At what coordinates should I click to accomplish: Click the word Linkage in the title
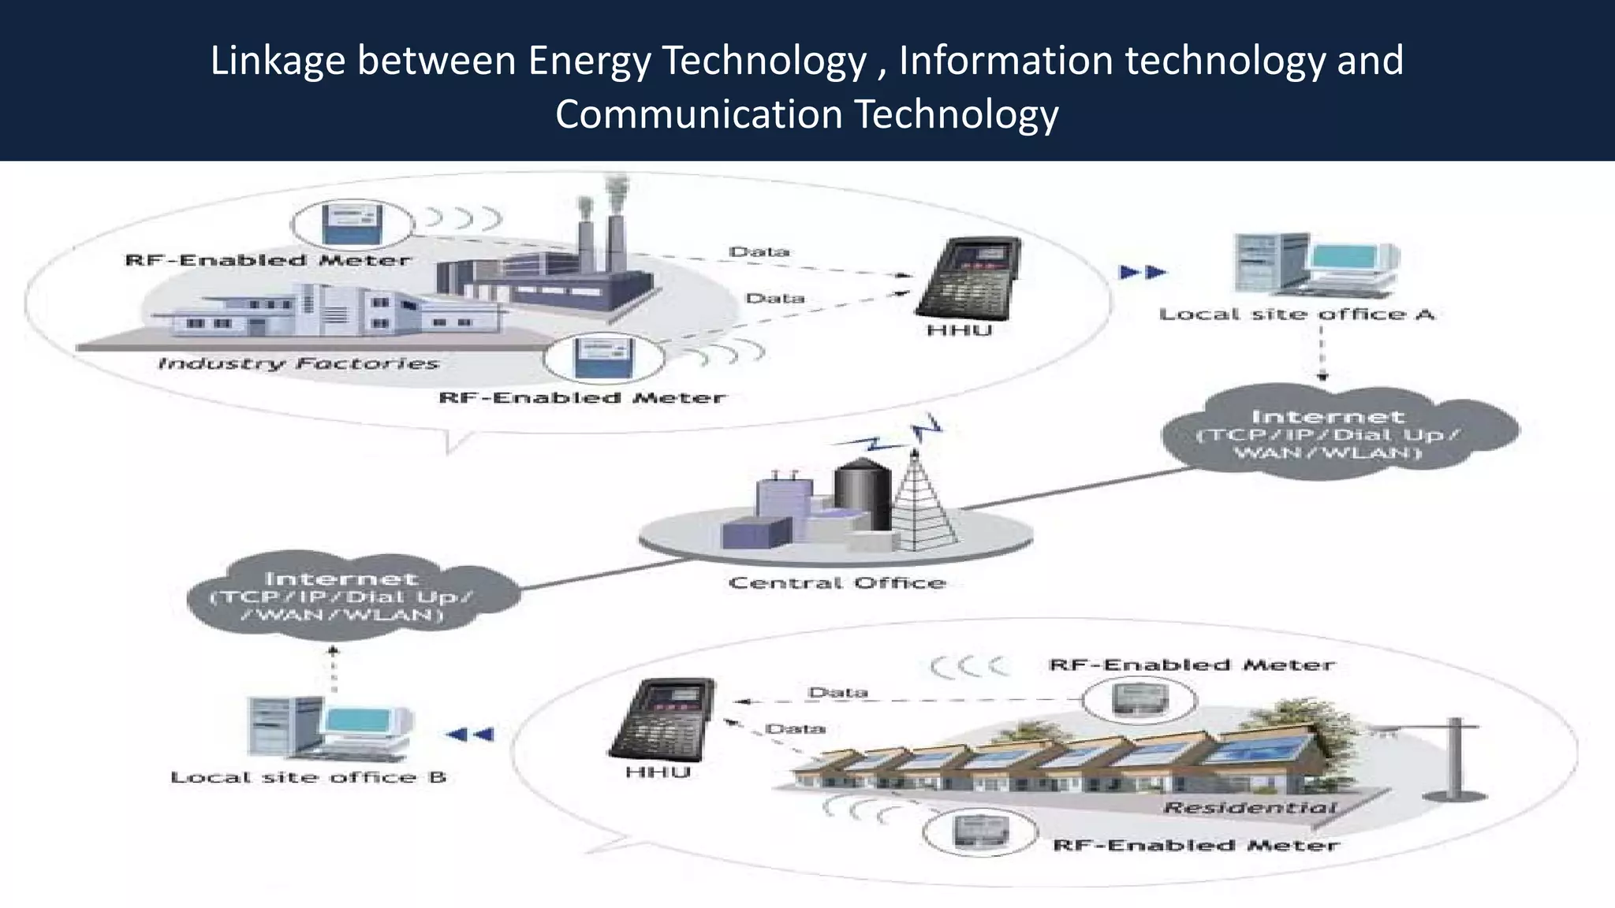[278, 61]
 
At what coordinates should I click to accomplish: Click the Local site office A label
[1296, 314]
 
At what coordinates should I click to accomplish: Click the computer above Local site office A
[1315, 265]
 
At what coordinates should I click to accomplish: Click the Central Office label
[837, 583]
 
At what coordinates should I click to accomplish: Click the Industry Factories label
[298, 363]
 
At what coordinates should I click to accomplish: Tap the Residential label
[1250, 808]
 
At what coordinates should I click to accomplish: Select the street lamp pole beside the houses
[1456, 757]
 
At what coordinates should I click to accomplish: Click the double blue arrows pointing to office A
[1143, 273]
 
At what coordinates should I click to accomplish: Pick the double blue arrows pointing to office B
[471, 735]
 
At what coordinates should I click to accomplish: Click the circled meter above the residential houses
[1138, 699]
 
